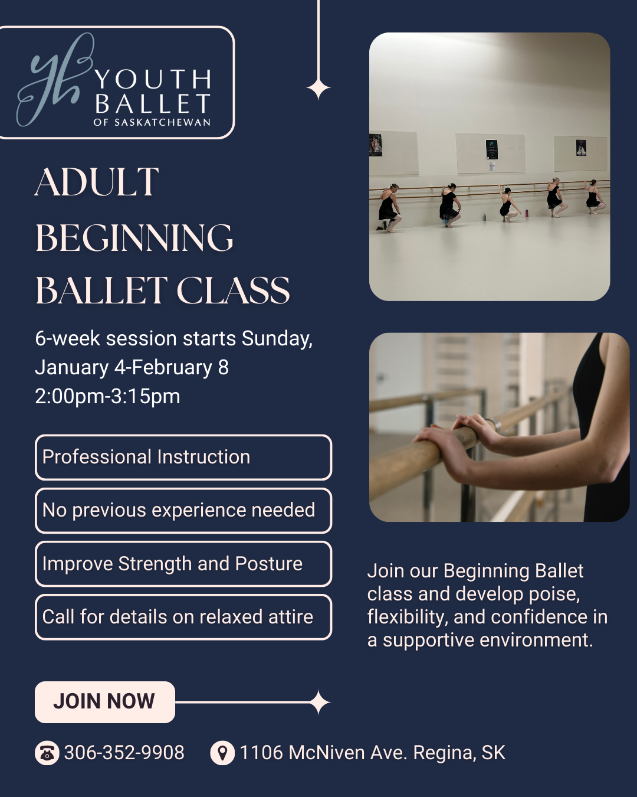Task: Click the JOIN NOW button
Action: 104,702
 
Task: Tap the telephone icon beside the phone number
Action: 47,753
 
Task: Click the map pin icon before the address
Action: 222,753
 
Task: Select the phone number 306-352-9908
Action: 124,753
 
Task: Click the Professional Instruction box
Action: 183,458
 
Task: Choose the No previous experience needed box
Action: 183,511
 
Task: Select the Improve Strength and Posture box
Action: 183,564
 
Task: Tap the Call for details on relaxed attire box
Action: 183,617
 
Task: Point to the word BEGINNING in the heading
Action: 134,237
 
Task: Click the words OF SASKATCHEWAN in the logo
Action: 152,123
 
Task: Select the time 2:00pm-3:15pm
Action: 107,396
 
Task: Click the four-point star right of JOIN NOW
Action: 319,703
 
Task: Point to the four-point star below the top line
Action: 318,89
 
